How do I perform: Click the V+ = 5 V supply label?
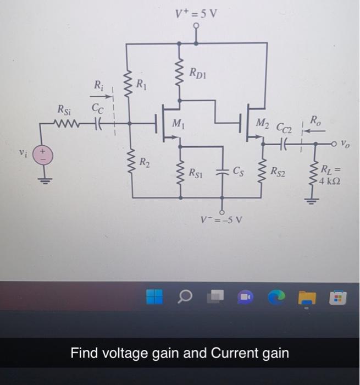point(196,13)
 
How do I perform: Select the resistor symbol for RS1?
point(179,172)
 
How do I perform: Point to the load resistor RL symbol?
point(315,173)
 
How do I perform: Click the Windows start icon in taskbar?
point(155,298)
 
